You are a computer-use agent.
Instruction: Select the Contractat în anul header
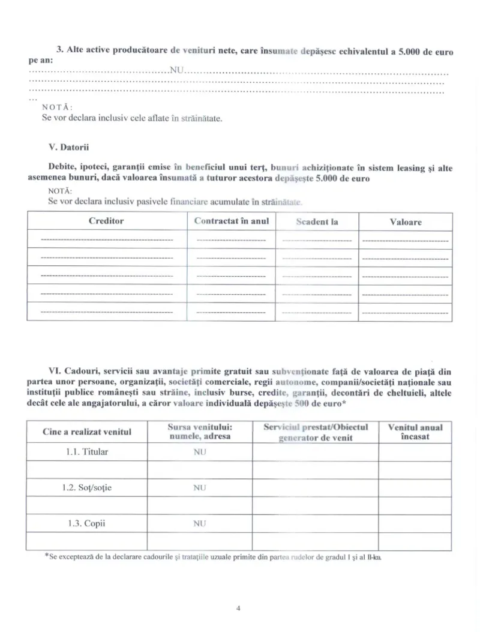(x=232, y=221)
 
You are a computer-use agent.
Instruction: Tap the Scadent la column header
(x=317, y=222)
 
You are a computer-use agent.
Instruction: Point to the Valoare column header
(x=406, y=222)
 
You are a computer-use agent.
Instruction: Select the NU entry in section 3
(x=176, y=70)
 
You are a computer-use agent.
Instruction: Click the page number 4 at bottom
(x=239, y=608)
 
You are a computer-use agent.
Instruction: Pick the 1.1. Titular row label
(x=87, y=452)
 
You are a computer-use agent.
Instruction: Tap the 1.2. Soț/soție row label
(x=87, y=488)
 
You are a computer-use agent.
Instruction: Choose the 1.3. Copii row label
(x=87, y=523)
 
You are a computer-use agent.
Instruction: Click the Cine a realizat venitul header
(x=87, y=432)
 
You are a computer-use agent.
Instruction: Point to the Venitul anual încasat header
(x=415, y=432)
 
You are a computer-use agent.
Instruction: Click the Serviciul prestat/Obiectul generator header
(x=316, y=432)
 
